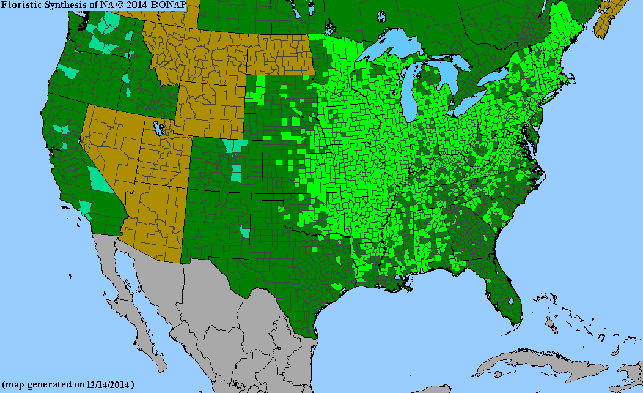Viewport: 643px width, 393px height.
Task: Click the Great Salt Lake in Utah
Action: tap(161, 129)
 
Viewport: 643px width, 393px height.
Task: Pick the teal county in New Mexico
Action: tap(245, 231)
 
